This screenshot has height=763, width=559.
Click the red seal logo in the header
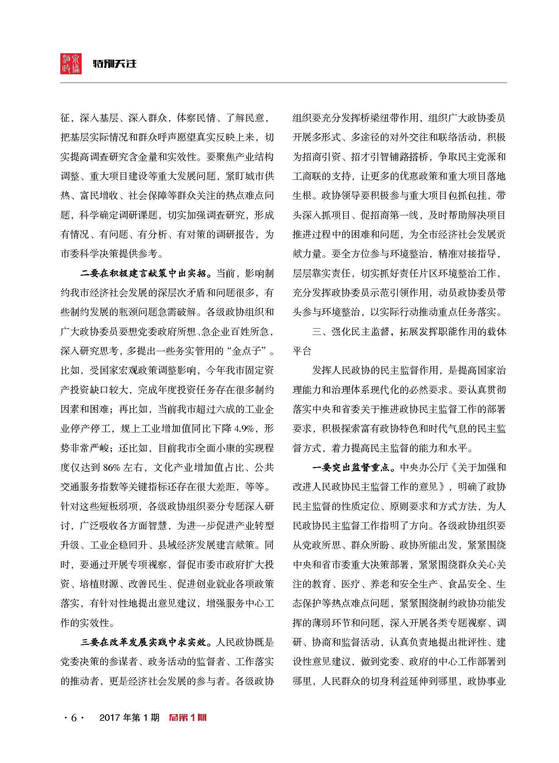71,64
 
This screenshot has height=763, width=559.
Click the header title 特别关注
115,64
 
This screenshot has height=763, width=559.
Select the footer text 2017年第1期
129,717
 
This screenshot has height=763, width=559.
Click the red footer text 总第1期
188,717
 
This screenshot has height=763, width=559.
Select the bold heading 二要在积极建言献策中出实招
143,274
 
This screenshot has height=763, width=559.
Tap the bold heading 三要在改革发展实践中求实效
143,642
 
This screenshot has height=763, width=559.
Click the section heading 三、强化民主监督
350,332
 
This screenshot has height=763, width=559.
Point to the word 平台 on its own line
302,351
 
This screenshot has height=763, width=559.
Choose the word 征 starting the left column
65,118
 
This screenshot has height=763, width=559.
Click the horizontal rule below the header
283,83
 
